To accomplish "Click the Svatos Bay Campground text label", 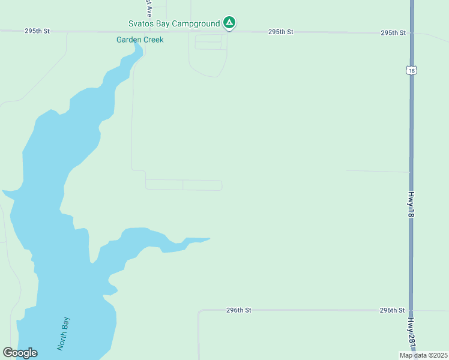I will pyautogui.click(x=174, y=23).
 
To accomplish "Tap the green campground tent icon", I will pyautogui.click(x=229, y=23).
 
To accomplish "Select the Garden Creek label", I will pyautogui.click(x=140, y=40).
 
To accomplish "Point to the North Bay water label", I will pyautogui.click(x=64, y=334).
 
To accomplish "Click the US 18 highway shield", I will pyautogui.click(x=411, y=70).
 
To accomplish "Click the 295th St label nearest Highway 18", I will pyautogui.click(x=393, y=32).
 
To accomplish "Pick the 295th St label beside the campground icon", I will pyautogui.click(x=280, y=31).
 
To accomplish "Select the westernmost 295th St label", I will pyautogui.click(x=37, y=31).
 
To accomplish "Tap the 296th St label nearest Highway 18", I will pyautogui.click(x=393, y=310).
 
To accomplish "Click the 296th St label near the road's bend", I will pyautogui.click(x=238, y=310).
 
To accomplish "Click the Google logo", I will pyautogui.click(x=20, y=353).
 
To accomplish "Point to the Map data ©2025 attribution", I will pyautogui.click(x=423, y=355).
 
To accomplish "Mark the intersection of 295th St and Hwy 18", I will pyautogui.click(x=411, y=32).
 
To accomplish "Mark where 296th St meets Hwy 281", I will pyautogui.click(x=411, y=310).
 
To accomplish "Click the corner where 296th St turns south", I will pyautogui.click(x=199, y=311).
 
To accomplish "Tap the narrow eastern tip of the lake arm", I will pyautogui.click(x=208, y=239).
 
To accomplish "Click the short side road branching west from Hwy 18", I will pyautogui.click(x=378, y=172).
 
